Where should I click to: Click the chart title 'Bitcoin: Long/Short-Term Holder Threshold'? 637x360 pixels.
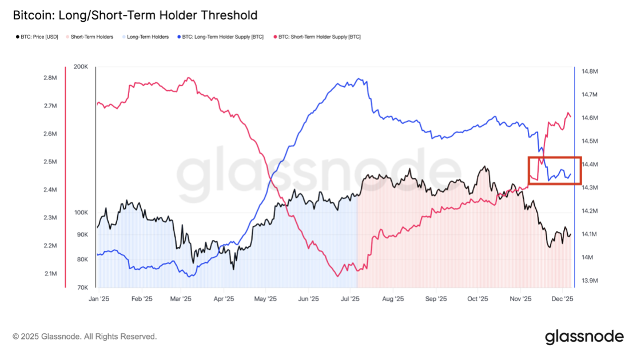[x=135, y=15]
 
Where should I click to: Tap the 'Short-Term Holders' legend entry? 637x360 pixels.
[x=91, y=37]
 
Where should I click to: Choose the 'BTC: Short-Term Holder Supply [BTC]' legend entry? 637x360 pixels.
[x=319, y=37]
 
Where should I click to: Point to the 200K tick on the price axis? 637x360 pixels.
[x=81, y=67]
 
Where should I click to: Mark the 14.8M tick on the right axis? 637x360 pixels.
[x=590, y=71]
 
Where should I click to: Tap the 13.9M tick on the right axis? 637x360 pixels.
[x=590, y=281]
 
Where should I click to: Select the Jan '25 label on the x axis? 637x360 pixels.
[x=99, y=298]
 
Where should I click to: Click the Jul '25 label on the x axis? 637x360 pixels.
[x=349, y=298]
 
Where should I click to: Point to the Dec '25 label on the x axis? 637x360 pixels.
[x=563, y=298]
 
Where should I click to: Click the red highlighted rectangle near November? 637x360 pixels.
[x=555, y=170]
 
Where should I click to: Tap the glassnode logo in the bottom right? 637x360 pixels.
[x=584, y=337]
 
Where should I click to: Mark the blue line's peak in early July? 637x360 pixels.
[x=359, y=79]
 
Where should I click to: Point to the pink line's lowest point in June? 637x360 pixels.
[x=338, y=276]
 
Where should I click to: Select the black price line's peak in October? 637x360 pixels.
[x=485, y=167]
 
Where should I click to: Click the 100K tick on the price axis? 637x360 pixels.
[x=81, y=212]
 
